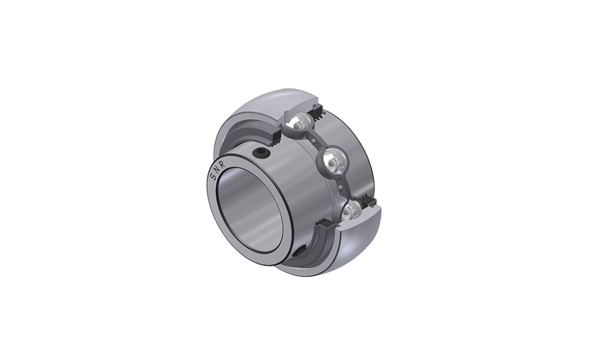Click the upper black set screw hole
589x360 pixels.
(260, 151)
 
